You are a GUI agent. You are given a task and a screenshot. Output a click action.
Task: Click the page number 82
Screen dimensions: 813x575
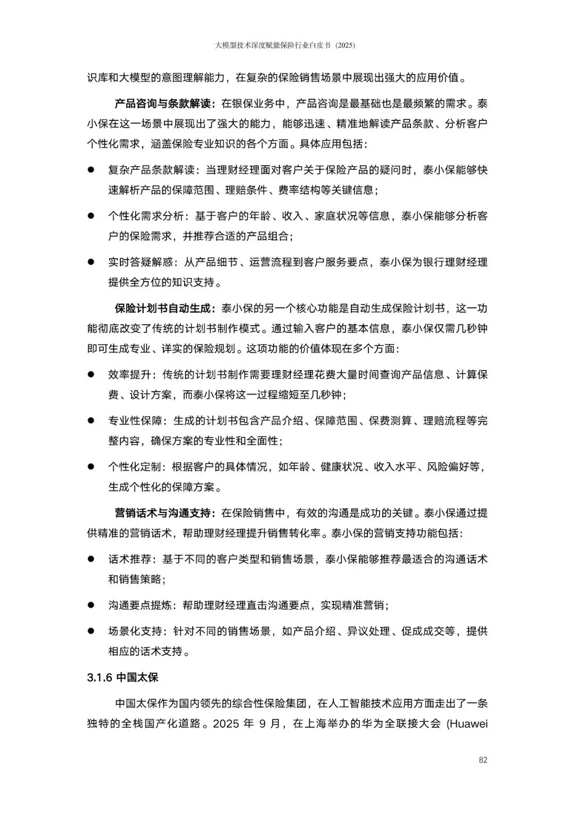tap(483, 760)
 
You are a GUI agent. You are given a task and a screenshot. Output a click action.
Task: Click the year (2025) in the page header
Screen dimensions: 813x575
tap(344, 46)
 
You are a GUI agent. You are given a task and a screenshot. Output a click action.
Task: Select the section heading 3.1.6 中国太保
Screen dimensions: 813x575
tap(122, 678)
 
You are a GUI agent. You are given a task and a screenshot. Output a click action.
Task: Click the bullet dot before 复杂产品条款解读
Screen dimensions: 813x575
tap(91, 170)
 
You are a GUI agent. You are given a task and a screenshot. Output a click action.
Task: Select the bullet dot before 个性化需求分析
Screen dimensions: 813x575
tap(91, 216)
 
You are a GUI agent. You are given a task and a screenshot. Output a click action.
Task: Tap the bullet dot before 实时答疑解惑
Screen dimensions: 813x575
tap(91, 262)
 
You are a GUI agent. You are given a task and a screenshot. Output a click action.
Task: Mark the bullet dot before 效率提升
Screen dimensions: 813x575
tap(91, 375)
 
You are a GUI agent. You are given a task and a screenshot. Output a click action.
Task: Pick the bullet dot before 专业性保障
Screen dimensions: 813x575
tap(91, 421)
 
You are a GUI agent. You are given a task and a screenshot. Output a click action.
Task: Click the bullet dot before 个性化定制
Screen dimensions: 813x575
tap(91, 467)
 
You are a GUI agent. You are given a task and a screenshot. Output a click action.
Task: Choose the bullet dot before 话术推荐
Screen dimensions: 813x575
tap(91, 559)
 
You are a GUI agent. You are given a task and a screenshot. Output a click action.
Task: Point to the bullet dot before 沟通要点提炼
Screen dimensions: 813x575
tap(91, 605)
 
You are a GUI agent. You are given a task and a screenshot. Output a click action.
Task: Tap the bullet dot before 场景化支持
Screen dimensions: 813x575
tap(91, 631)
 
